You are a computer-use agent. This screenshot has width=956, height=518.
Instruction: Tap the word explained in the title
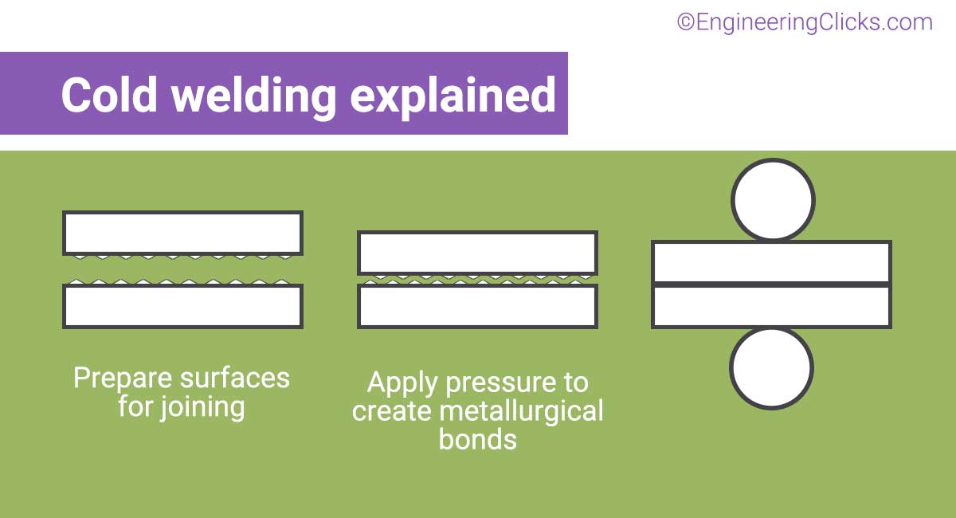click(453, 96)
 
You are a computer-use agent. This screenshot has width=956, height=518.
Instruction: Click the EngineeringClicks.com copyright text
click(805, 22)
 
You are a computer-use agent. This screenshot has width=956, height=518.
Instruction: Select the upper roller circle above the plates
click(773, 199)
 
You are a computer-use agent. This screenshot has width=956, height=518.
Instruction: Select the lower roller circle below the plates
click(771, 368)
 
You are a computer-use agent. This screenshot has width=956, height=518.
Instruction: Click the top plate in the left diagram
click(182, 233)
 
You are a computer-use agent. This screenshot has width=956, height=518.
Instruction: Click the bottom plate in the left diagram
click(182, 306)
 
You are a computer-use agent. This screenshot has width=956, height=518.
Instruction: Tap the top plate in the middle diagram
click(477, 253)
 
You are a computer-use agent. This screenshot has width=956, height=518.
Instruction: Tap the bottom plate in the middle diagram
click(477, 306)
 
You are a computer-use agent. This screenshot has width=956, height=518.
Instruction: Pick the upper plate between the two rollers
click(771, 262)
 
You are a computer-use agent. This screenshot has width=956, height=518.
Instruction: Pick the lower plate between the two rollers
click(771, 306)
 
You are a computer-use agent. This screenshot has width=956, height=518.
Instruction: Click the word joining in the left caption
click(203, 407)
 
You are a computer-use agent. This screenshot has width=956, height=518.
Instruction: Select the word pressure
click(500, 383)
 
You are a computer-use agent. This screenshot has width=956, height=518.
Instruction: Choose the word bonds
click(477, 439)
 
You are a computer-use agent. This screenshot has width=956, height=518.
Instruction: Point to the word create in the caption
click(390, 411)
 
